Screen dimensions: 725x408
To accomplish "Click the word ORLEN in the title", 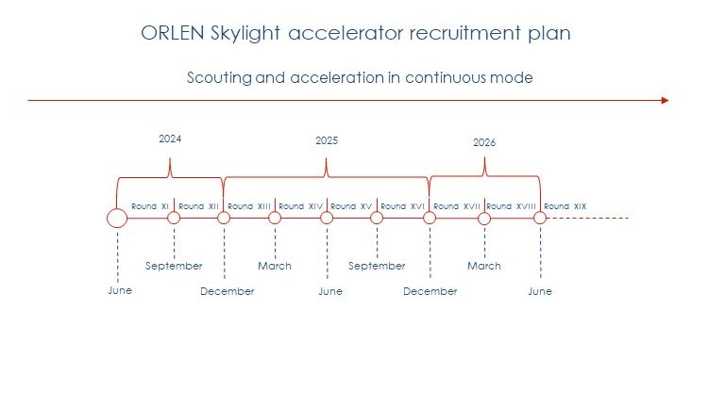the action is tap(173, 33).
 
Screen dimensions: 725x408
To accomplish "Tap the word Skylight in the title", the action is tap(245, 34).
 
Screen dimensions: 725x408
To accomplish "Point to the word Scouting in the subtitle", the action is tap(220, 78).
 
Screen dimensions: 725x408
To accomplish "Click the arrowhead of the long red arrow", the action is tap(666, 100).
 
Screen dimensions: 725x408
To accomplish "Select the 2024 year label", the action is tap(170, 139).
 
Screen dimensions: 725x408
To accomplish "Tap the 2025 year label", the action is tap(327, 140).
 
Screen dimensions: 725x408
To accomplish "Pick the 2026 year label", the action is tap(484, 142).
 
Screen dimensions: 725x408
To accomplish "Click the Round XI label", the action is tap(150, 206).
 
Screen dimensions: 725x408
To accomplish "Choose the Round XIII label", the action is tap(249, 206).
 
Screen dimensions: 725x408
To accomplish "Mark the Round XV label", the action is tap(351, 206).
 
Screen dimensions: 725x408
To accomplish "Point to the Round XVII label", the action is tap(457, 206).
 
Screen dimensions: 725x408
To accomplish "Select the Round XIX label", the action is tap(565, 206).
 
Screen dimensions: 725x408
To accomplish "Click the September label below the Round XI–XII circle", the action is tap(174, 266).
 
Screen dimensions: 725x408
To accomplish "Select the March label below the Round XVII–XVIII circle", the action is tap(484, 266).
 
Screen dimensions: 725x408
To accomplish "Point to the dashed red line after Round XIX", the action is tap(588, 218).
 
